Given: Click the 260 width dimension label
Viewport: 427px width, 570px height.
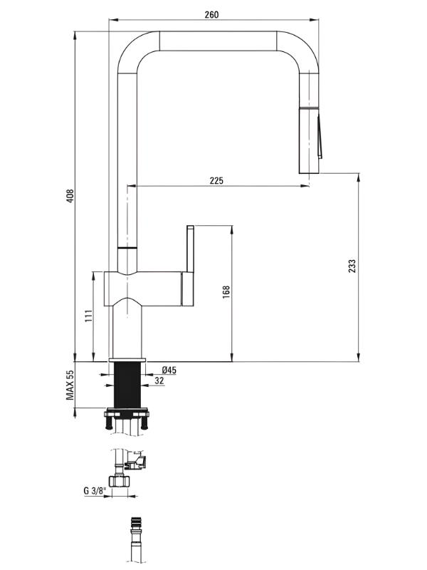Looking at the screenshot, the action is (x=211, y=14).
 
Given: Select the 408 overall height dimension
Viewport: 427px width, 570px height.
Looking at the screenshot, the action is (x=70, y=196).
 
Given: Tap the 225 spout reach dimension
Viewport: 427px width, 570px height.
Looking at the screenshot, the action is (x=216, y=180).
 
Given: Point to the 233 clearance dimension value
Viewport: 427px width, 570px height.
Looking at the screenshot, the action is (x=352, y=266).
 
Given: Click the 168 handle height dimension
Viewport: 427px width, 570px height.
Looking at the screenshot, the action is (x=226, y=292).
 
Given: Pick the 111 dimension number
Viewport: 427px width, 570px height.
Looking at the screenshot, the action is (x=88, y=316).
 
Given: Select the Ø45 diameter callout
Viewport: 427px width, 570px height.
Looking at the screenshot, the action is (x=169, y=370).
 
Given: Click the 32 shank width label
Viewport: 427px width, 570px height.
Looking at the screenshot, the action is (x=159, y=380).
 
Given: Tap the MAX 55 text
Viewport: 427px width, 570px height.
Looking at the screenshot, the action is (x=70, y=385).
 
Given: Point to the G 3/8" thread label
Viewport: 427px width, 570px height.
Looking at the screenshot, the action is (x=95, y=491).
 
